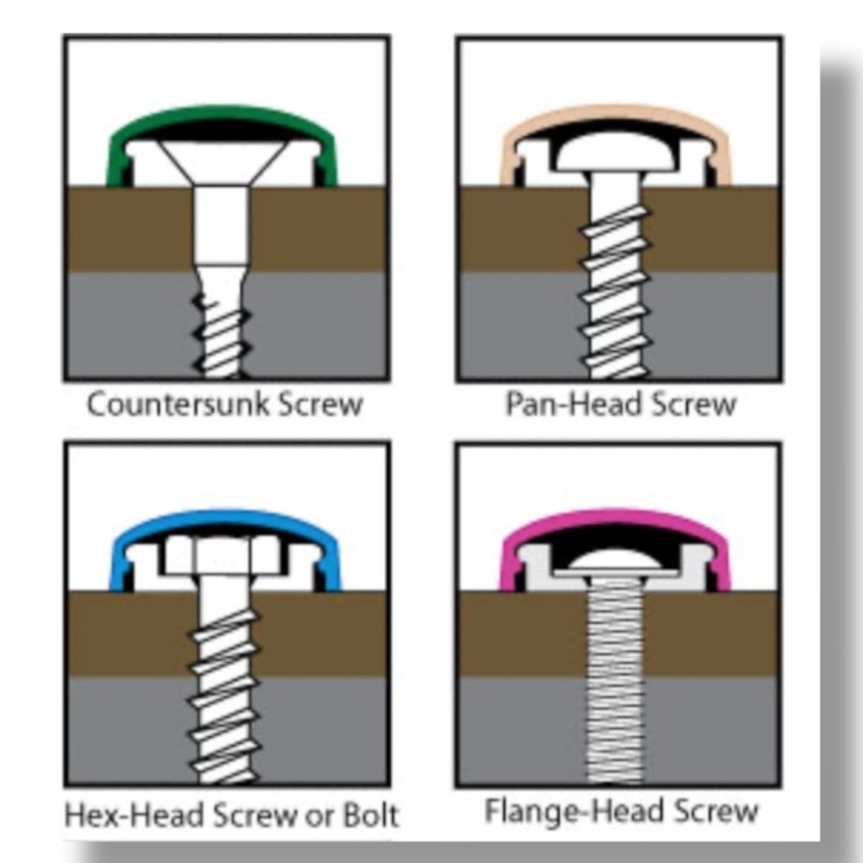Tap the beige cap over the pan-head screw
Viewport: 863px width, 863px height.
tap(615, 114)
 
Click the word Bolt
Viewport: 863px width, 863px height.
tap(370, 816)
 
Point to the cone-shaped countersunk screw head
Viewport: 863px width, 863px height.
tap(223, 162)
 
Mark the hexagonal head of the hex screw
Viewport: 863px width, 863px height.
tap(223, 556)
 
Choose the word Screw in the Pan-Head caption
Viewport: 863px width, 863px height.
tap(692, 404)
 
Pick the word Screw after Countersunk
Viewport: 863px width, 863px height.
tap(320, 404)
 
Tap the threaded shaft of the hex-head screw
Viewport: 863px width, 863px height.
tap(223, 696)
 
